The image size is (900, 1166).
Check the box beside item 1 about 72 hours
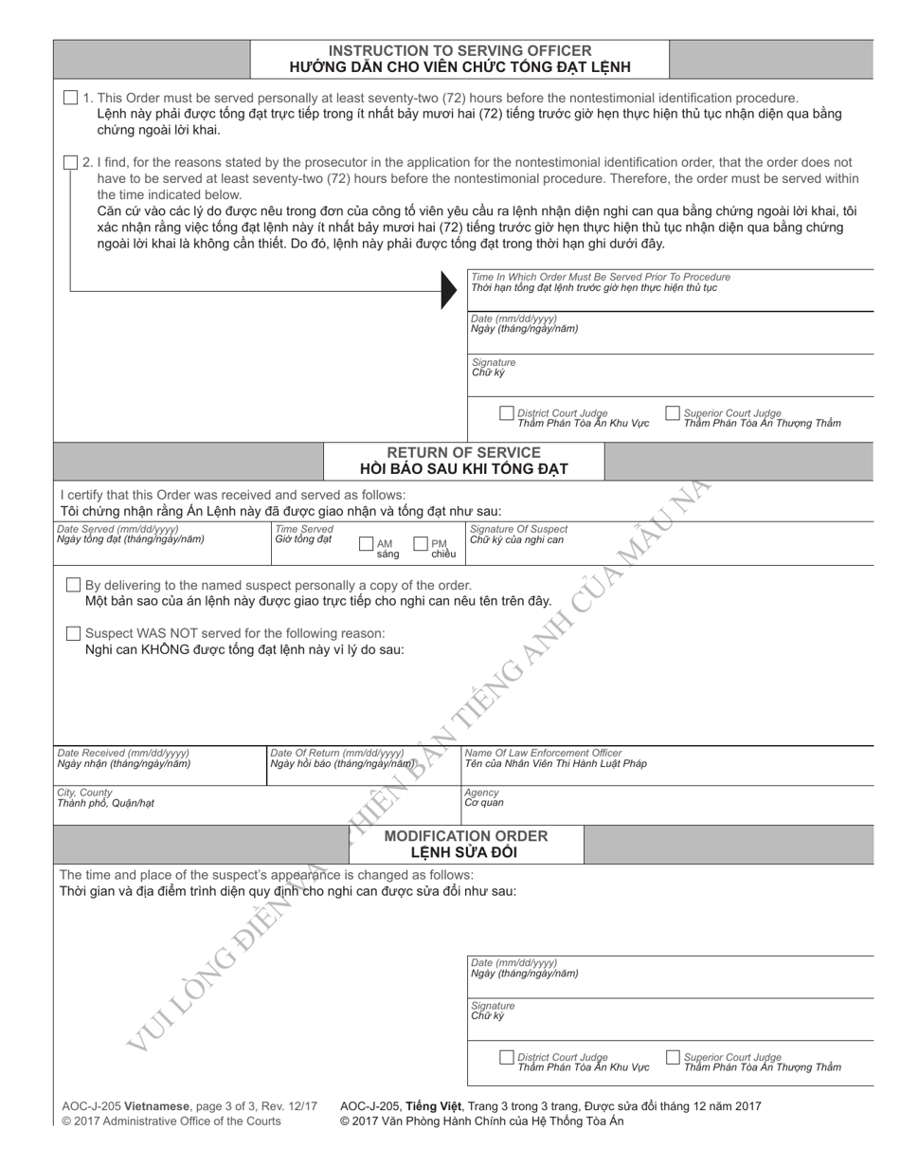coord(71,98)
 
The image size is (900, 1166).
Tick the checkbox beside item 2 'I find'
coord(71,162)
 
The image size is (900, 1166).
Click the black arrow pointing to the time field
coord(449,289)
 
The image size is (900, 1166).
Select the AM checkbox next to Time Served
coord(367,544)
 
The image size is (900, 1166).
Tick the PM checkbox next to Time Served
coord(421,544)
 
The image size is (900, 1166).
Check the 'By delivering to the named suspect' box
coord(73,585)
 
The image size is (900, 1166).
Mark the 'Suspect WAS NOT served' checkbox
coord(73,632)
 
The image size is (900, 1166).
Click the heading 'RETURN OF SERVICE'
coord(463,452)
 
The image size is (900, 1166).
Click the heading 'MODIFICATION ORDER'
coord(465,835)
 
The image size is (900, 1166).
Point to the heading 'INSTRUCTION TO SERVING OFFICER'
coord(459,50)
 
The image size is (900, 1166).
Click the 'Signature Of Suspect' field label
coord(519,529)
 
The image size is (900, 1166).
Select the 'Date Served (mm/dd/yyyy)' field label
coord(117,529)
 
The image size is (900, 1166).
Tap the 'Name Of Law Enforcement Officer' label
coord(543,753)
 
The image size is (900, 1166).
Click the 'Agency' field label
coord(481,793)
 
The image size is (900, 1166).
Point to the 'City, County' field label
coord(84,793)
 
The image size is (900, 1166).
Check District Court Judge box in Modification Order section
coord(506,1057)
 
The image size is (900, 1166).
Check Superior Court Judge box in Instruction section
coord(673,412)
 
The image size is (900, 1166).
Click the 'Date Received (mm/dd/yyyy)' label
coord(123,753)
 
